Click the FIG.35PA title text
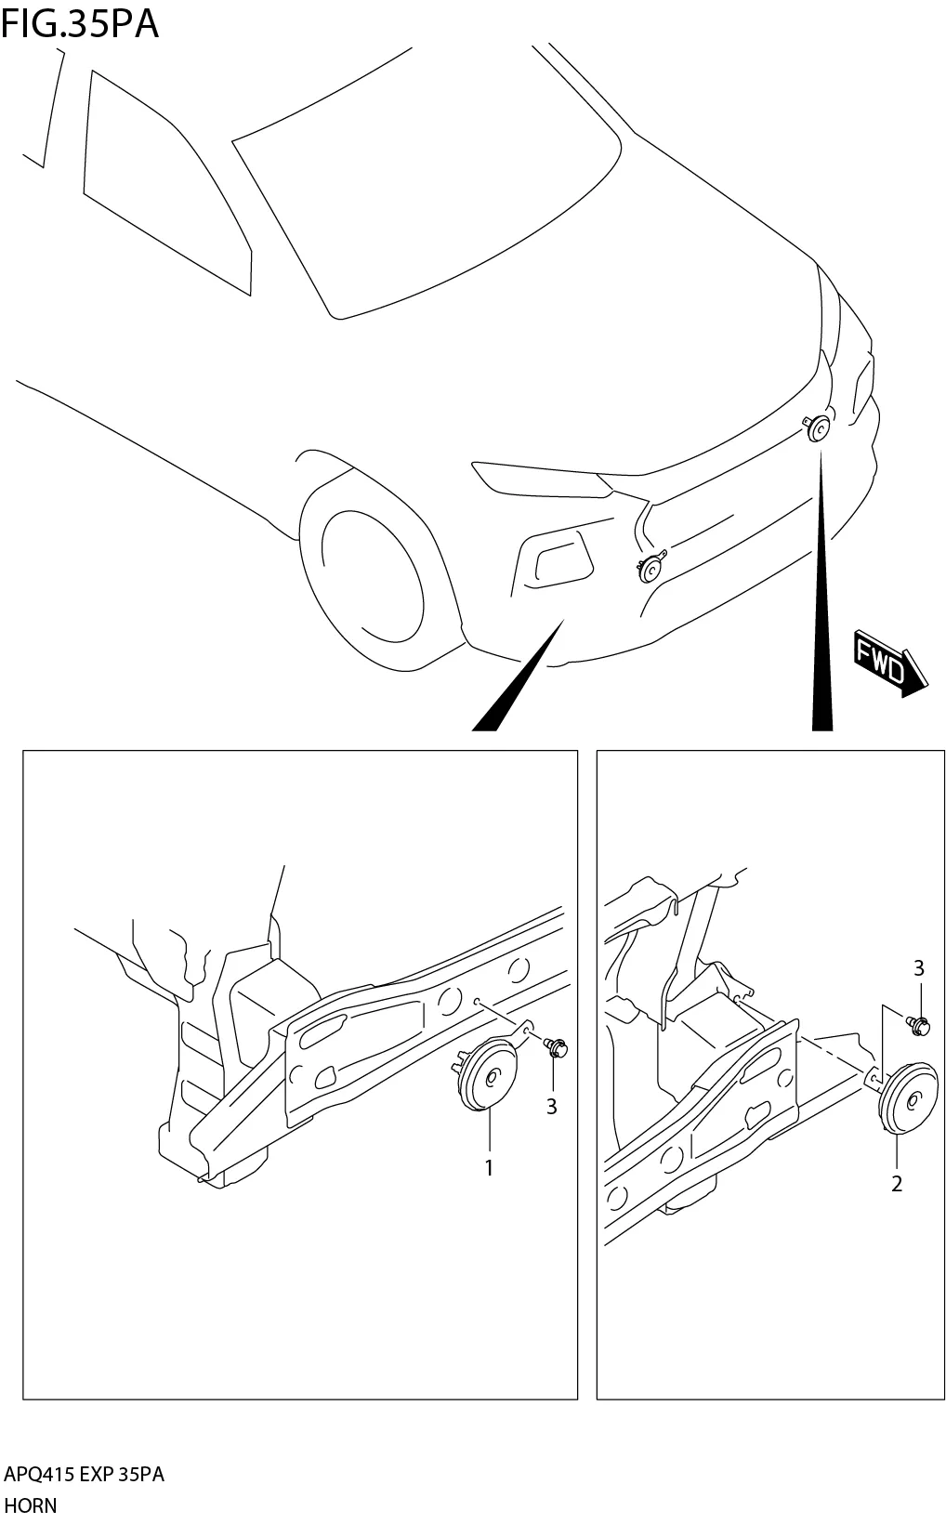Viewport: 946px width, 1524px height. (x=80, y=23)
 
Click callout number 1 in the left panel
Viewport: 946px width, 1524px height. (x=489, y=1168)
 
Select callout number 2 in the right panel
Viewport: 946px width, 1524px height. (x=896, y=1184)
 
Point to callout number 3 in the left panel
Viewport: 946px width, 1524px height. (x=551, y=1107)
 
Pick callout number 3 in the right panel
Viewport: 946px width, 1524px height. (x=918, y=968)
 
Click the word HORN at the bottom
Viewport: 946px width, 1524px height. (x=31, y=1504)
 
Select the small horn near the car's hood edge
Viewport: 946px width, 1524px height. (x=818, y=428)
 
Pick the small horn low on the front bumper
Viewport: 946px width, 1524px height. (x=650, y=568)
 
